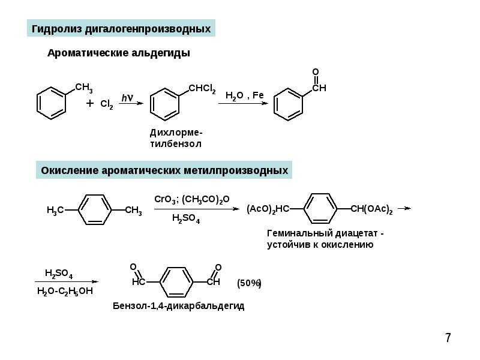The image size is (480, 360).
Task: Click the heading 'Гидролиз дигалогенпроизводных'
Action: point(121,29)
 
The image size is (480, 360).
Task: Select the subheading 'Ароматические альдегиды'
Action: point(119,53)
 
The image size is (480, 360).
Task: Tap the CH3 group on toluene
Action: point(84,88)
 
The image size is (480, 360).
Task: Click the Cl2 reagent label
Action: point(107,104)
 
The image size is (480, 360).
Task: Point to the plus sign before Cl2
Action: point(89,103)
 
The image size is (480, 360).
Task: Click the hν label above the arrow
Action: point(127,98)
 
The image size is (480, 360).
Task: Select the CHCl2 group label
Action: point(202,89)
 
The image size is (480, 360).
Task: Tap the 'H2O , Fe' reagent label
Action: point(244,95)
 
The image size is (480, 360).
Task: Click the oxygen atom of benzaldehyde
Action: point(316,71)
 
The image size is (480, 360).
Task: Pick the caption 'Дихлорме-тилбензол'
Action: point(176,139)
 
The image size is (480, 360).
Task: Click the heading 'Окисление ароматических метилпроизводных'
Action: point(164,170)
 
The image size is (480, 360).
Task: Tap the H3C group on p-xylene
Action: point(55,211)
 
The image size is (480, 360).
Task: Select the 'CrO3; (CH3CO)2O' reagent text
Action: point(192,200)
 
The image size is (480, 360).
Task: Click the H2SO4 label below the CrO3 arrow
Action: point(186,218)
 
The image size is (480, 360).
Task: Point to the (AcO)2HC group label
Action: point(268,209)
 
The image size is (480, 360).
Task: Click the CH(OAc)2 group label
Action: point(371,209)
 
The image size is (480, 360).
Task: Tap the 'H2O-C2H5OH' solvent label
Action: point(65,291)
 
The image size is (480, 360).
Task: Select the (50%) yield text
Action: point(249,283)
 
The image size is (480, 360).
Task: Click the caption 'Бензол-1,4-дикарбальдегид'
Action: point(178,306)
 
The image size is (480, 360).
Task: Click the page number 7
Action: point(448,338)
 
